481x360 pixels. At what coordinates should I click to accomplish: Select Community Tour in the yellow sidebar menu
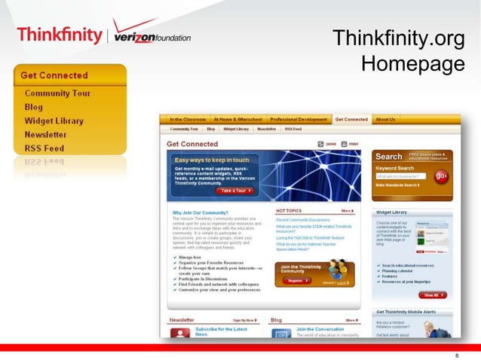tap(57, 93)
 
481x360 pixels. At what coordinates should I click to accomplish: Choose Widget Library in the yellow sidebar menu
tap(54, 121)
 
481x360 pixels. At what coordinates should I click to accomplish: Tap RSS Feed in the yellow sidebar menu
tap(44, 148)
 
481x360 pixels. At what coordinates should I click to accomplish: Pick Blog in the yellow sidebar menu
tap(34, 107)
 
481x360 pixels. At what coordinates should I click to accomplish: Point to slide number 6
tap(458, 353)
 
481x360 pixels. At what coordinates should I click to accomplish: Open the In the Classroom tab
tap(188, 119)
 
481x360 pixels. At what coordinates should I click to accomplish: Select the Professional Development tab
tap(299, 119)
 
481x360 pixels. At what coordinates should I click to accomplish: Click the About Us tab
tap(385, 119)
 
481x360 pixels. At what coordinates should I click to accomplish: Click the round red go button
tap(441, 176)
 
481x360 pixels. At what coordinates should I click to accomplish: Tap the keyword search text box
tap(401, 176)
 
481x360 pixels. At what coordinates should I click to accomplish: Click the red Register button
tap(296, 280)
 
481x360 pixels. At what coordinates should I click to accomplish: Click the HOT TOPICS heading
tap(290, 211)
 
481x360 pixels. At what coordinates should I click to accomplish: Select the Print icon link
tap(351, 143)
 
